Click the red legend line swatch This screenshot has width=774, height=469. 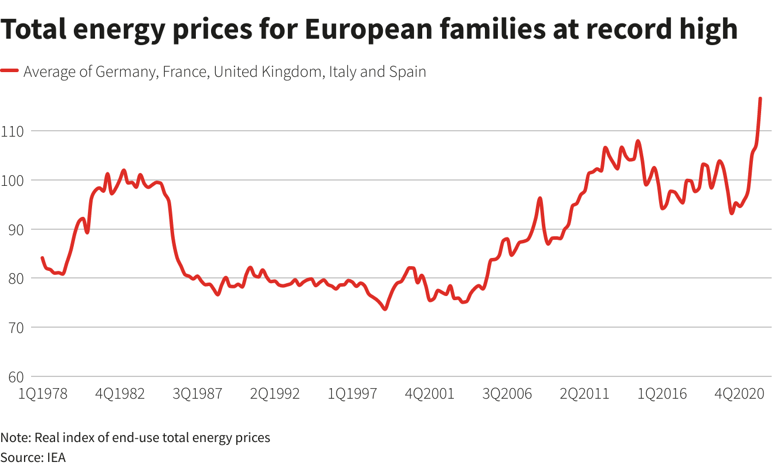point(10,72)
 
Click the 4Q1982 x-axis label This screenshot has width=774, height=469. point(120,393)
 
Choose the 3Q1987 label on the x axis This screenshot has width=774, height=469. point(198,393)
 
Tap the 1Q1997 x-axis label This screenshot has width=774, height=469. point(352,393)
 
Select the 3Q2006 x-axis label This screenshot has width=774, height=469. point(507,393)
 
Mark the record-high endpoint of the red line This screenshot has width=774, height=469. point(760,98)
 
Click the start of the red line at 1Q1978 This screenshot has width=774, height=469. point(42,258)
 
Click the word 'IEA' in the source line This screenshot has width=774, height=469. point(56,457)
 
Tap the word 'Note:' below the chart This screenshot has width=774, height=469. point(16,437)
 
